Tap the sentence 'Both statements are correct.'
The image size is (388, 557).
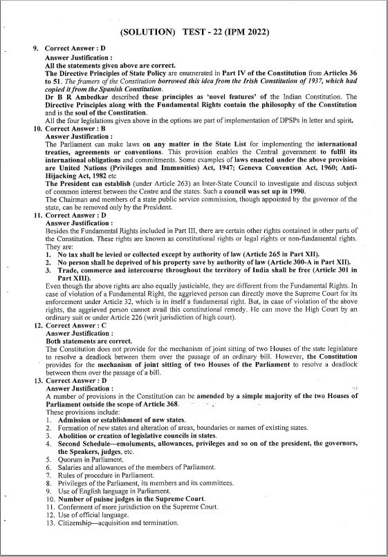point(86,339)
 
